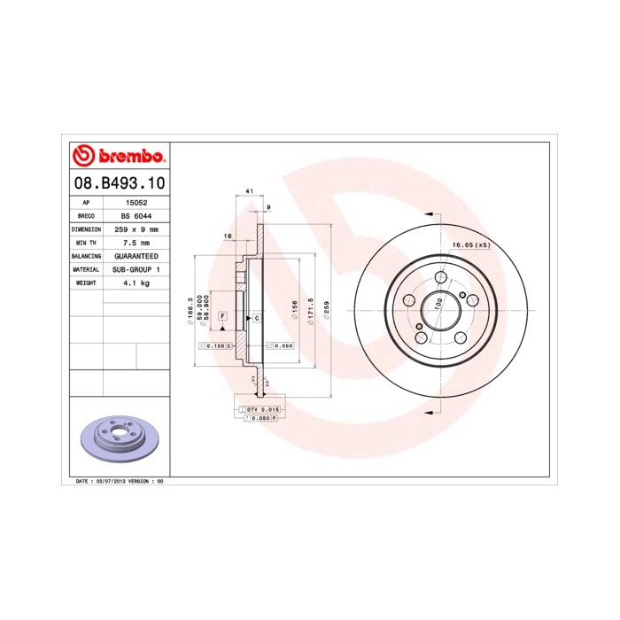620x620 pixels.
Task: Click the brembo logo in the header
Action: (x=118, y=157)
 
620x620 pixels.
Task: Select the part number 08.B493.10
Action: (x=118, y=183)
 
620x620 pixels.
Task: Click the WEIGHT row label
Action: (x=86, y=282)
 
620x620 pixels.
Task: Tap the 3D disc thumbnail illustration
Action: (x=118, y=440)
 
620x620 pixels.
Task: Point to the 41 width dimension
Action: (x=250, y=191)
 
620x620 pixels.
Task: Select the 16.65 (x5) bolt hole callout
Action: (x=470, y=244)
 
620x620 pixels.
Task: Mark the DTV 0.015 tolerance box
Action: (x=262, y=409)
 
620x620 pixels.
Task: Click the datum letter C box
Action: (x=256, y=317)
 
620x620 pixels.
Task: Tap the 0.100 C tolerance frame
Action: (x=215, y=345)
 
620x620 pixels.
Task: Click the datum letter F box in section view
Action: (x=222, y=316)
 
